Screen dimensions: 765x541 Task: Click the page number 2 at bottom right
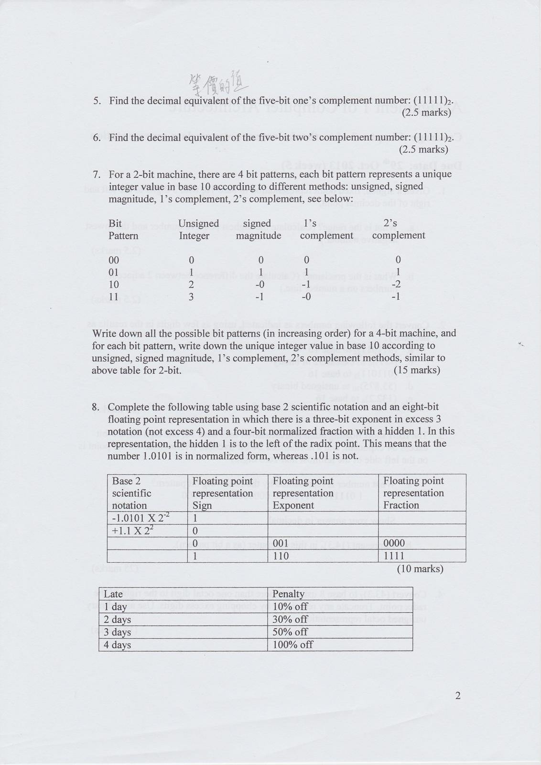(x=458, y=696)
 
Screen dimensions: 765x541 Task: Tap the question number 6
(x=97, y=138)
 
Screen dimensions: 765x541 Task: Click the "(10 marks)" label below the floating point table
(x=420, y=569)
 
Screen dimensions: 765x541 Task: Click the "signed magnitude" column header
(x=258, y=229)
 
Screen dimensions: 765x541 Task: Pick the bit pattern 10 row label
(x=114, y=284)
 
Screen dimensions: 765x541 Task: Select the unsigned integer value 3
(x=191, y=297)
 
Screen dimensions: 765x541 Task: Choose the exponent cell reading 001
(x=281, y=543)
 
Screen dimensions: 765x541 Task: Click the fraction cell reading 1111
(x=393, y=556)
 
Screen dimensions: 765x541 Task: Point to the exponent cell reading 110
(x=281, y=556)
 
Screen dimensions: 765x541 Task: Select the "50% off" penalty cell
(x=290, y=632)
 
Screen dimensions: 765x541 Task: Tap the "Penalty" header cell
(x=288, y=594)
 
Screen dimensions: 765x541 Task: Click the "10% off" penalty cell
(x=290, y=606)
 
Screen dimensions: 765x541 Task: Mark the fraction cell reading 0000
(x=394, y=543)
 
